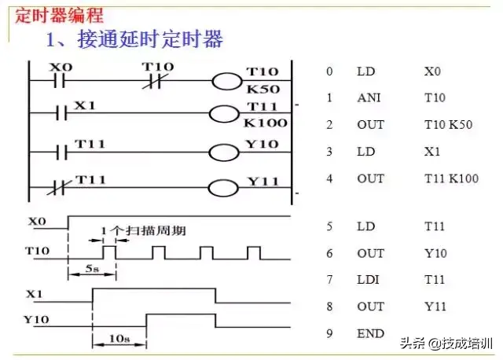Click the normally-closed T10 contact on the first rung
(153, 81)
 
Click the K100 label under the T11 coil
(265, 123)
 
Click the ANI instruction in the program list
(368, 98)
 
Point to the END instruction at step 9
(370, 333)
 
